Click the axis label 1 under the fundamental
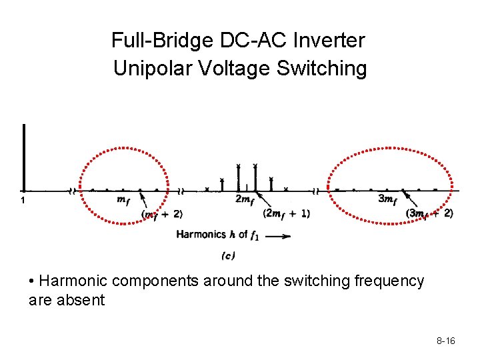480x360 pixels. (23, 200)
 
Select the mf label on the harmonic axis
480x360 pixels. (123, 199)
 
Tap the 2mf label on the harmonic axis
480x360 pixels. (245, 199)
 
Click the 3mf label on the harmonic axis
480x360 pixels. (387, 199)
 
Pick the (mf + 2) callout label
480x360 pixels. (161, 214)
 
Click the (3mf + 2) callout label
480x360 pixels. (429, 213)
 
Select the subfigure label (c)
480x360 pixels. (228, 255)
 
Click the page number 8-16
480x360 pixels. (446, 341)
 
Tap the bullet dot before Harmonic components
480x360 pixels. (33, 281)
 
